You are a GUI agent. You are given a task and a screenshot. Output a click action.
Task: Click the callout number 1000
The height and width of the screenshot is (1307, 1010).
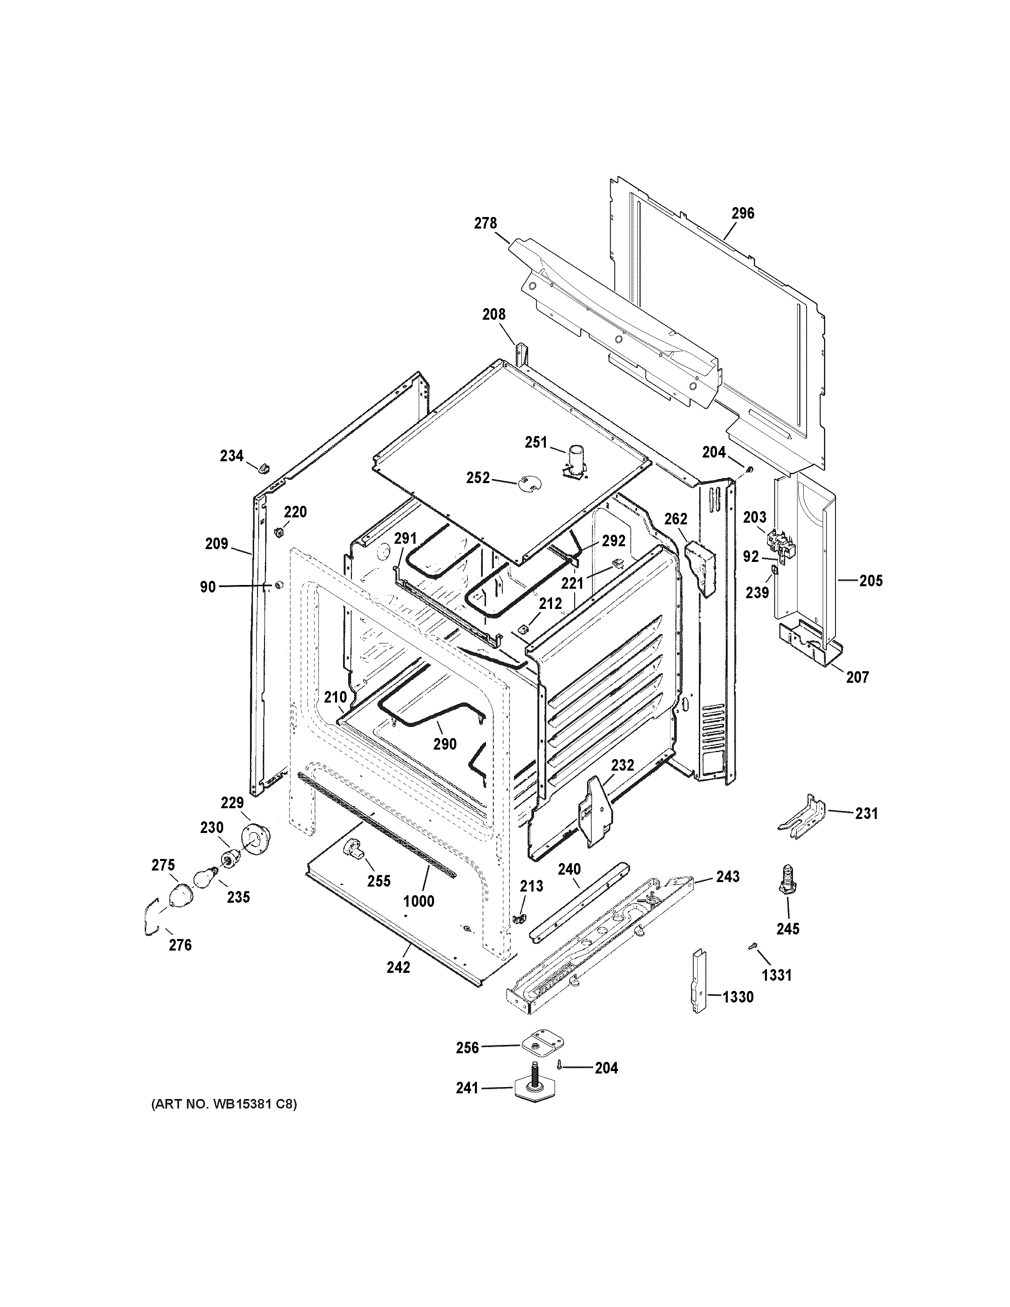point(418,918)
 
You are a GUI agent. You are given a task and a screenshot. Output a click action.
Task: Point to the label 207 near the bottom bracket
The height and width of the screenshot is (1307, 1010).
point(857,677)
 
